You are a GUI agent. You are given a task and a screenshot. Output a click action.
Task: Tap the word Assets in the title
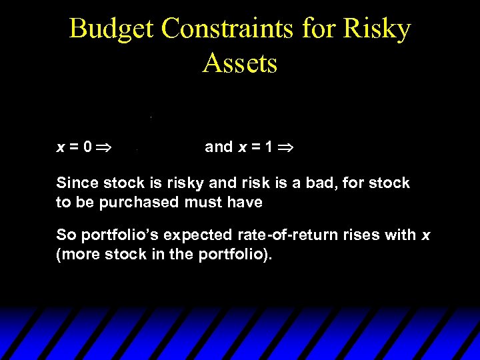(x=240, y=64)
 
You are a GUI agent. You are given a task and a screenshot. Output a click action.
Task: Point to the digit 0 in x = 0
(x=89, y=147)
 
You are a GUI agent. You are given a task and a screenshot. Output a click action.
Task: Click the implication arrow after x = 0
(x=107, y=147)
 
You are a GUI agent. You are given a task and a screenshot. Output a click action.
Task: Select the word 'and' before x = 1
(x=219, y=147)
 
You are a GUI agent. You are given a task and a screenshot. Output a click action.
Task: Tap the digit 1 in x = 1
(x=269, y=147)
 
